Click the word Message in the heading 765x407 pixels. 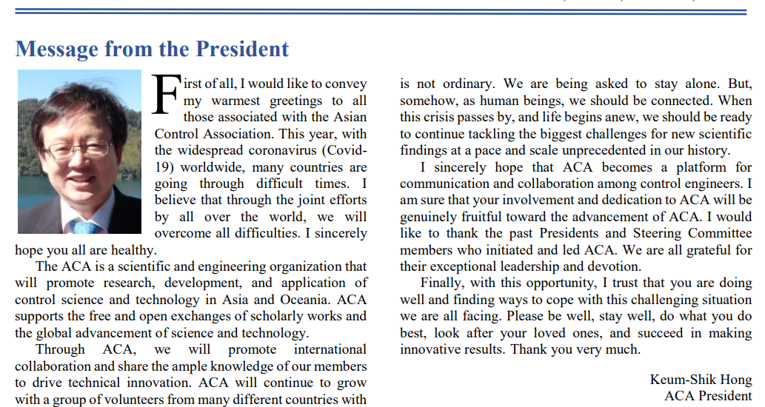tap(56, 49)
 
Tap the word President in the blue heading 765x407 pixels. tap(241, 49)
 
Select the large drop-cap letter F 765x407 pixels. tap(165, 95)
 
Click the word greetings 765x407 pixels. tap(285, 101)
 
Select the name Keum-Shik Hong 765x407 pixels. tap(701, 380)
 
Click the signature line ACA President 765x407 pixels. tap(708, 396)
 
